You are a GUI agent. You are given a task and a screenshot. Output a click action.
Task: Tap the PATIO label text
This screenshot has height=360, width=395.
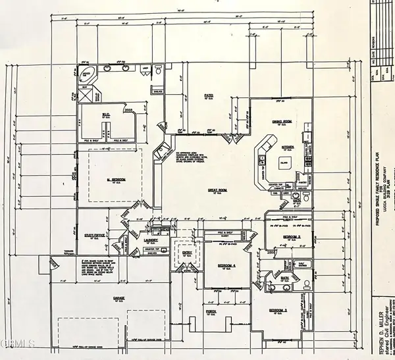point(209,96)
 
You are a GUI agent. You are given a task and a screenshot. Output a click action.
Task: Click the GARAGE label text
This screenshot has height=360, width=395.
point(118,298)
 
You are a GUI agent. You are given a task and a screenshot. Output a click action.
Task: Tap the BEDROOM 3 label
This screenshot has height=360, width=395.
point(278,309)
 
